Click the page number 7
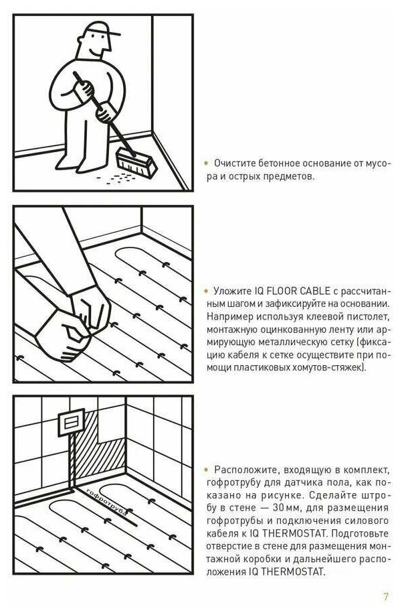[x=385, y=596]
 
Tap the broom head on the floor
[x=136, y=161]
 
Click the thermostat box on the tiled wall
[x=72, y=423]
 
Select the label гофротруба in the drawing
[x=106, y=502]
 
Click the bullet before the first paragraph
[x=207, y=163]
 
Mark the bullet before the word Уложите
[x=207, y=291]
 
